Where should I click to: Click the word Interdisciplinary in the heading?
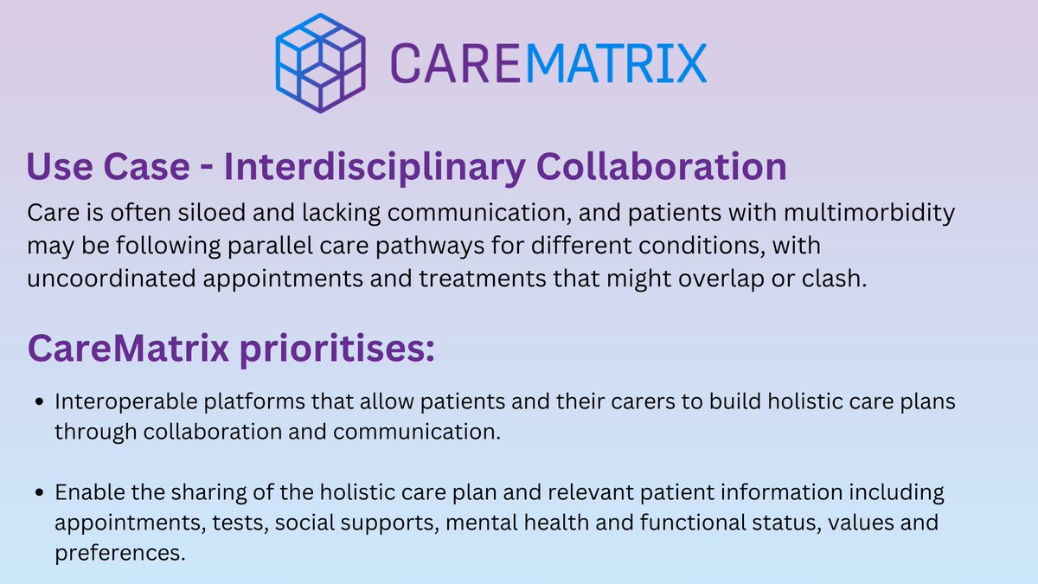click(x=374, y=166)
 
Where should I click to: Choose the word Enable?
click(x=86, y=493)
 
